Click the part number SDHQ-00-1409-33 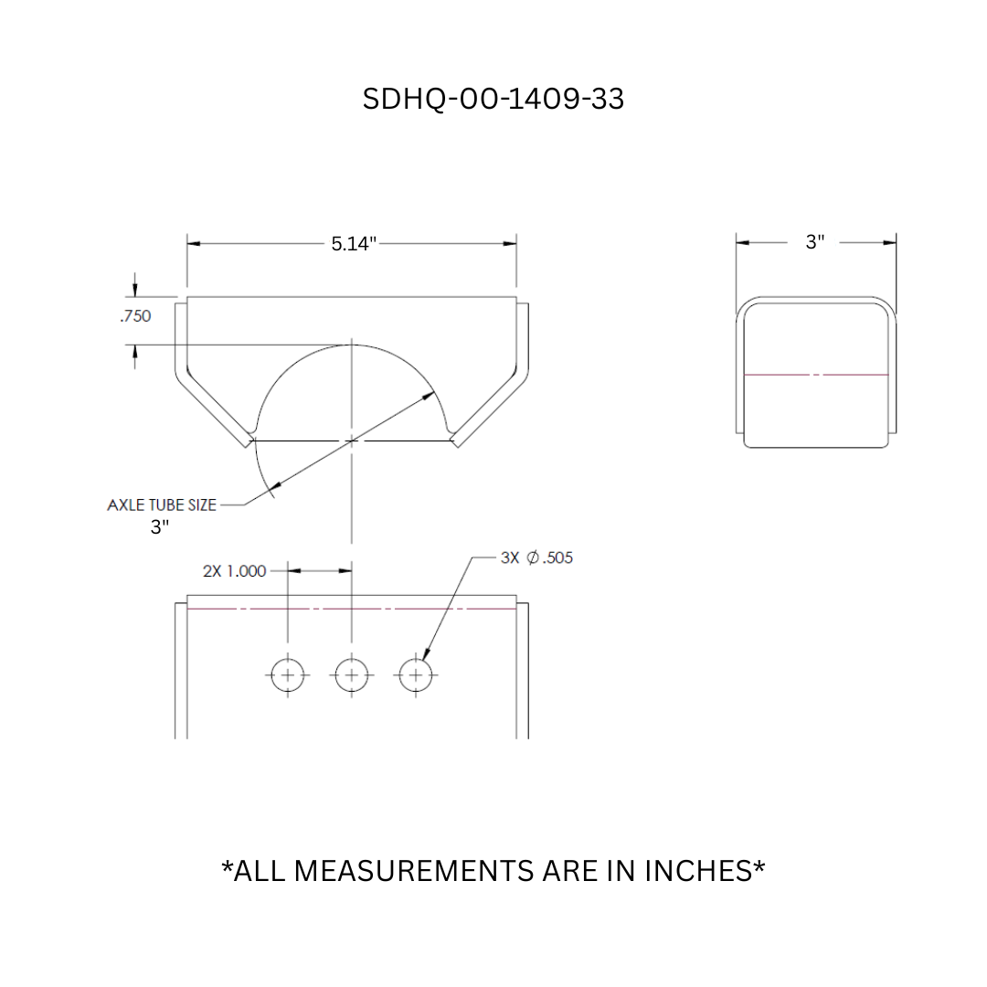(493, 99)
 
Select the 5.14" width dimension (354, 243)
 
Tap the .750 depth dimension (134, 316)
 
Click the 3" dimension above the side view (814, 242)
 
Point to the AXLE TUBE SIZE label (162, 504)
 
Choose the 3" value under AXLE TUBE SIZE (160, 527)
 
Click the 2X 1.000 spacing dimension (234, 571)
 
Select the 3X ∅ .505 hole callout (536, 557)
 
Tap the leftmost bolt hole (288, 675)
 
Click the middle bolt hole (352, 675)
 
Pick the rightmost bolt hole (416, 675)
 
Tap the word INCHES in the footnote (703, 871)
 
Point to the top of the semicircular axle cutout (352, 345)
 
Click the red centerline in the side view (816, 375)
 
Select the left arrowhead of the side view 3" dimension (743, 242)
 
